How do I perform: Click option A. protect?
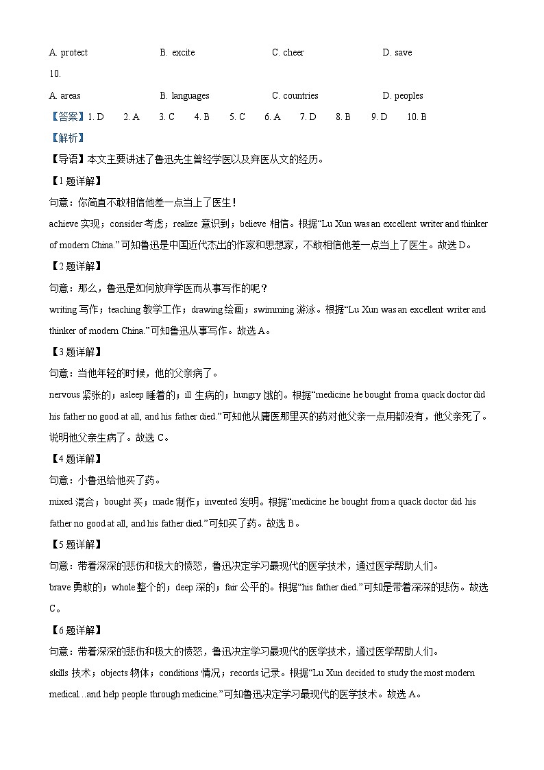pyautogui.click(x=69, y=53)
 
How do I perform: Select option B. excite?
pyautogui.click(x=177, y=53)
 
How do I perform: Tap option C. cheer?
pyautogui.click(x=288, y=53)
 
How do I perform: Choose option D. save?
pyautogui.click(x=397, y=53)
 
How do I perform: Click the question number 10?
pyautogui.click(x=55, y=74)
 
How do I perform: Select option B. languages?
pyautogui.click(x=184, y=96)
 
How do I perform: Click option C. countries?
pyautogui.click(x=295, y=96)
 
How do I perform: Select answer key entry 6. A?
pyautogui.click(x=273, y=117)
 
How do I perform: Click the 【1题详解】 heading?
pyautogui.click(x=76, y=182)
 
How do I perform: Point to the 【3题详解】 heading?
pyautogui.click(x=76, y=352)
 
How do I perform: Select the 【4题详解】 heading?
pyautogui.click(x=76, y=459)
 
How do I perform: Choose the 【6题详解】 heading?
pyautogui.click(x=76, y=630)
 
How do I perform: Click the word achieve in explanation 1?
pyautogui.click(x=64, y=224)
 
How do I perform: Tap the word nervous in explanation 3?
pyautogui.click(x=64, y=395)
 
